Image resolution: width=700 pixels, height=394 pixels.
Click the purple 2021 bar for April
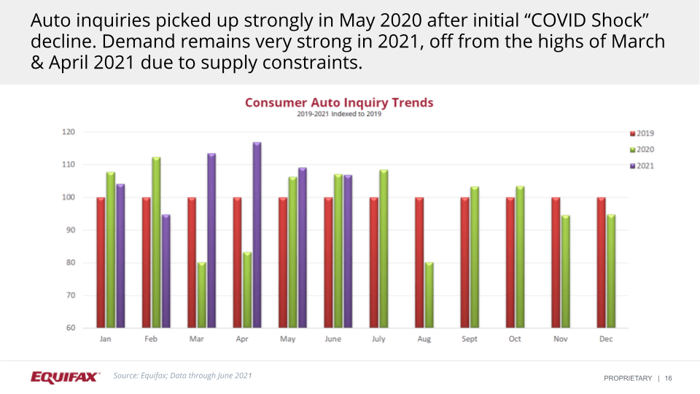point(257,235)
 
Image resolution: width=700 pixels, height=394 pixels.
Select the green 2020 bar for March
point(202,295)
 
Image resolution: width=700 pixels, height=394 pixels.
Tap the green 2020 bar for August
point(429,295)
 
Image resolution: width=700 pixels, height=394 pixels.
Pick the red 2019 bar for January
point(101,262)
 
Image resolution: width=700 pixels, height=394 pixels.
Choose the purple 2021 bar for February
point(166,271)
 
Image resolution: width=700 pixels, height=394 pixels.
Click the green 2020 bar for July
point(384,249)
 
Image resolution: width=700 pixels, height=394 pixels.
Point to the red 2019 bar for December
point(602,262)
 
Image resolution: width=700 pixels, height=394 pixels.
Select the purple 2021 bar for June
point(348,251)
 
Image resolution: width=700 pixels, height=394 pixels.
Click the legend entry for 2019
point(642,134)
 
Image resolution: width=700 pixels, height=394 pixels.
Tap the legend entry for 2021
point(642,166)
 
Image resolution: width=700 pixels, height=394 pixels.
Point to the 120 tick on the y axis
point(69,132)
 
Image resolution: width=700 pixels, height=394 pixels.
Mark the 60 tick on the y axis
point(71,328)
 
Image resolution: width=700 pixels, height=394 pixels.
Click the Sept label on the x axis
point(470,340)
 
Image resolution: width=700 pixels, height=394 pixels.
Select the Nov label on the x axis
point(561,340)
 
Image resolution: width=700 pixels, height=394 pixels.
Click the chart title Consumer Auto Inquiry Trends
point(339,103)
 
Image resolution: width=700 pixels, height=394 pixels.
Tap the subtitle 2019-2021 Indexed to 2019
point(339,114)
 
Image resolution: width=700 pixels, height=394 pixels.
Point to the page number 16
point(669,378)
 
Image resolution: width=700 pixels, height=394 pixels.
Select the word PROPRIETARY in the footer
point(627,378)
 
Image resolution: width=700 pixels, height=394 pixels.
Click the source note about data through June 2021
point(182,376)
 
